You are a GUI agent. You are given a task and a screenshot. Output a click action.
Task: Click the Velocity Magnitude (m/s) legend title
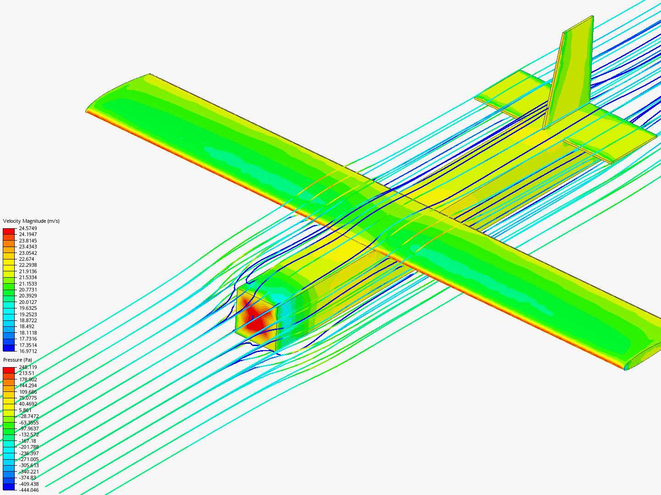click(31, 221)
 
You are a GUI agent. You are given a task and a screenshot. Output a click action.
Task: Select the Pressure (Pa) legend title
click(17, 360)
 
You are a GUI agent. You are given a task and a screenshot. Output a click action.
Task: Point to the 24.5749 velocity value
click(28, 228)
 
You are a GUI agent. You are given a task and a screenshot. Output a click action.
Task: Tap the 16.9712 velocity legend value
click(28, 351)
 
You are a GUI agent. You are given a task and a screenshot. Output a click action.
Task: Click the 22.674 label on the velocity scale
click(27, 259)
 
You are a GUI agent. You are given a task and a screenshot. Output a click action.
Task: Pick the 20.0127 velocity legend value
click(28, 302)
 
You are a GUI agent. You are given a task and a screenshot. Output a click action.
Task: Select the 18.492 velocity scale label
click(27, 326)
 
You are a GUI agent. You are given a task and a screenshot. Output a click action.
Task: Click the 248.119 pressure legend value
click(28, 367)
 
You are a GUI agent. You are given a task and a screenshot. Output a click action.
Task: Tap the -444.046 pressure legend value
click(28, 490)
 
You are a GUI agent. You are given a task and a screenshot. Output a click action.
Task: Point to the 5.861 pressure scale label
click(25, 410)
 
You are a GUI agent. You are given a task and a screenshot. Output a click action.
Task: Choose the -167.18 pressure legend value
click(28, 441)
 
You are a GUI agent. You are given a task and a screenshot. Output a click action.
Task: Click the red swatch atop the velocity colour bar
click(9, 231)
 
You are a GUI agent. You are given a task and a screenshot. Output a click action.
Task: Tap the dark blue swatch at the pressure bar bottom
click(9, 487)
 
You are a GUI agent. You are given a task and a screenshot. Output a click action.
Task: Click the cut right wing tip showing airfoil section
click(643, 357)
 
